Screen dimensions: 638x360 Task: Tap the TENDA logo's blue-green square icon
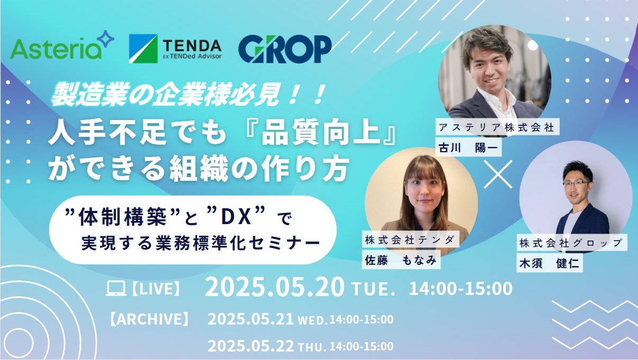point(143,49)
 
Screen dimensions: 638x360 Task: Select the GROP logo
point(285,49)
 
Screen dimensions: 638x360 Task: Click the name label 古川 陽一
point(468,147)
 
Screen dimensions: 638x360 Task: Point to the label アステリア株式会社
point(497,127)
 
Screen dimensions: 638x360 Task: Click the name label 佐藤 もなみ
point(401,260)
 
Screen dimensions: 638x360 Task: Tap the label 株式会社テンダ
point(410,240)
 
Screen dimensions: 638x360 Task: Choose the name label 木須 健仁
point(549,263)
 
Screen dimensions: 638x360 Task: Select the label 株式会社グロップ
point(571,243)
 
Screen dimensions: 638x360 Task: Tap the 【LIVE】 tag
point(156,288)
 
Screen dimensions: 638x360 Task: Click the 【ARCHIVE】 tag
point(149,319)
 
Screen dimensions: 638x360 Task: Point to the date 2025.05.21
point(251,319)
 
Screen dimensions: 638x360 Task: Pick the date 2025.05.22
point(251,346)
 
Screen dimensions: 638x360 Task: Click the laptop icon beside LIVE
point(116,288)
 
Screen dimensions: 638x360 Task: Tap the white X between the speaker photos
point(498,174)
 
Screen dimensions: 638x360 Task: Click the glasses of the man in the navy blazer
point(575,183)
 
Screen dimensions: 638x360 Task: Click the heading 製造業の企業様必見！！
point(188,94)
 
